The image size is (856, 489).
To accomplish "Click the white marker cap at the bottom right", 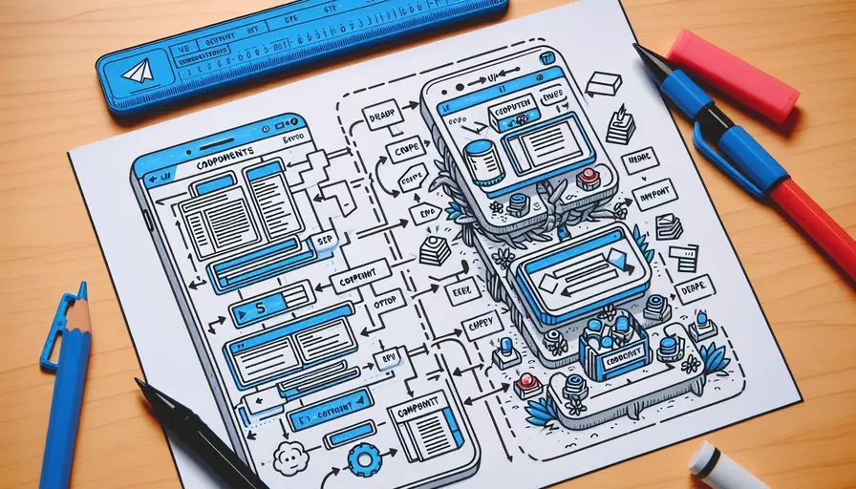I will click(x=723, y=470).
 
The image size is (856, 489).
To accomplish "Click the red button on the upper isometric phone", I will click(x=587, y=178).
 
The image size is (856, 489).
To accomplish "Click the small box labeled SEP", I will click(x=321, y=244).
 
